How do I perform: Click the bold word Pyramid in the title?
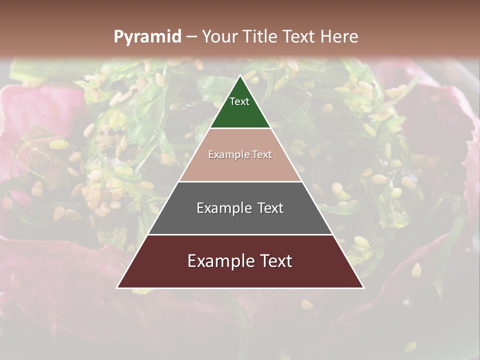pos(147,36)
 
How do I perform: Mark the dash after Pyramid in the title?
pos(191,37)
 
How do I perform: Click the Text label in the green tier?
pos(239,101)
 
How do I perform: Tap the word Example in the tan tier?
pos(226,155)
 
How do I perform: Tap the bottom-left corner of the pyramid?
pos(117,287)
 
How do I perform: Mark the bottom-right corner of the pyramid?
pos(363,287)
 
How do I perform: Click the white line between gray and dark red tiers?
pos(240,234)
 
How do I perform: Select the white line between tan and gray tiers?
pos(240,181)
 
